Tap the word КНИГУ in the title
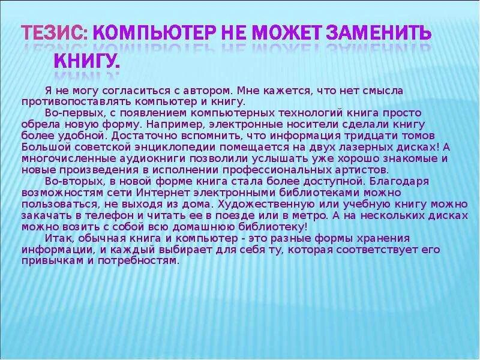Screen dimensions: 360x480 tap(86, 60)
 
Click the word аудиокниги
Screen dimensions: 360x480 tap(134, 158)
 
